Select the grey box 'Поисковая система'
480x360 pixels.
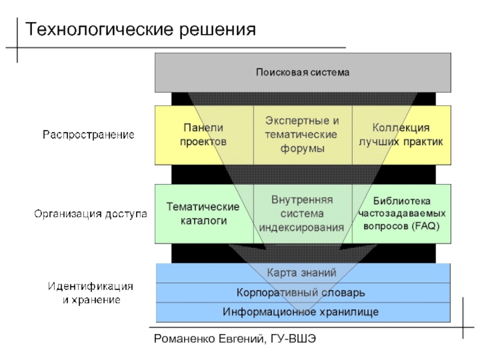302,73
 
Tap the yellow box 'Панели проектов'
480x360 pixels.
203,135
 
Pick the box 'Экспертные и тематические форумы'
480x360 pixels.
302,134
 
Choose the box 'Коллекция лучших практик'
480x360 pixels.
401,135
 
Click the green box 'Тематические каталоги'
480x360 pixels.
203,213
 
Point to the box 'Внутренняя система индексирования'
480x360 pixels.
302,213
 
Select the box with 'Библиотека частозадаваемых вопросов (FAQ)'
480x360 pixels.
401,213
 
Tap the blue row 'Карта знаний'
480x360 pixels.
302,272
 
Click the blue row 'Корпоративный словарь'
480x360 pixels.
302,292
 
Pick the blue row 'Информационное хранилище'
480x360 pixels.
302,312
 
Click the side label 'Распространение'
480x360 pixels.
88,135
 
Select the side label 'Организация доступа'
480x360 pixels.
91,214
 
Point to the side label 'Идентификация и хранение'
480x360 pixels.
91,292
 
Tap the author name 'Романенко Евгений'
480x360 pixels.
207,340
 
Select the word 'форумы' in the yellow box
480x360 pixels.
302,148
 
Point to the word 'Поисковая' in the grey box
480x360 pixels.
279,73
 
